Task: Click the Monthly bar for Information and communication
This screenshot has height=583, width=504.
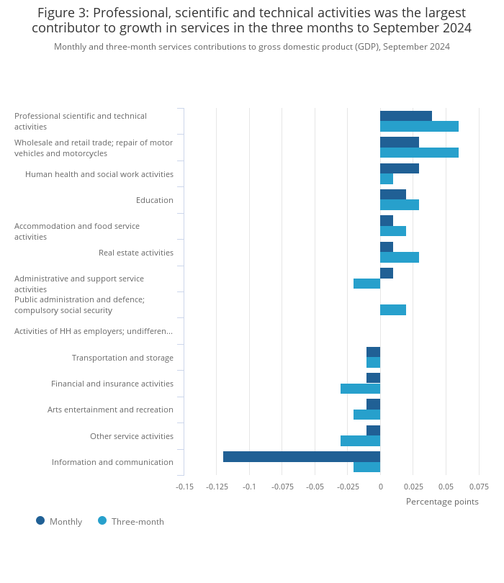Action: pyautogui.click(x=302, y=456)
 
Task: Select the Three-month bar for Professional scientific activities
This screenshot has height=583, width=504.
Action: pyautogui.click(x=419, y=127)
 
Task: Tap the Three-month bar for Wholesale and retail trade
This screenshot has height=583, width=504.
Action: pyautogui.click(x=419, y=153)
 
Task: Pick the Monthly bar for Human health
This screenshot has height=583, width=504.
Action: pyautogui.click(x=400, y=168)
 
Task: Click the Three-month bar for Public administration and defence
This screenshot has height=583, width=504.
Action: pyautogui.click(x=393, y=309)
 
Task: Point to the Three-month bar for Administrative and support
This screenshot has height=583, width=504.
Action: pyautogui.click(x=366, y=284)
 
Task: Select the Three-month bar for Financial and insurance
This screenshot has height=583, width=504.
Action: pyautogui.click(x=360, y=389)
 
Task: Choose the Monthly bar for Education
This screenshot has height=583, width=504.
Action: pyautogui.click(x=393, y=194)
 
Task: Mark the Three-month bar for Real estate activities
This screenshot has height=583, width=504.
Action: pyautogui.click(x=400, y=257)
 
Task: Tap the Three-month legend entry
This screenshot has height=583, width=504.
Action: pyautogui.click(x=131, y=521)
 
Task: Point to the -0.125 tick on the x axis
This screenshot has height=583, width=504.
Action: pyautogui.click(x=217, y=487)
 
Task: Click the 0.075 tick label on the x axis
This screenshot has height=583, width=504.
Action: pyautogui.click(x=479, y=487)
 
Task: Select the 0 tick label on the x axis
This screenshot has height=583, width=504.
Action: pyautogui.click(x=380, y=487)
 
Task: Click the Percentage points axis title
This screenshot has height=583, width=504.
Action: pyautogui.click(x=442, y=502)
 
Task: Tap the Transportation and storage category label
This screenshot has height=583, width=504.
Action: pyautogui.click(x=122, y=358)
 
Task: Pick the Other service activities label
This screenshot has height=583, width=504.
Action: pyautogui.click(x=132, y=436)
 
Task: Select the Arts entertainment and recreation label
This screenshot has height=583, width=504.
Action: pyautogui.click(x=110, y=410)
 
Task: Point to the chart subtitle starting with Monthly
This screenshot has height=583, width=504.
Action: pyautogui.click(x=252, y=47)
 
